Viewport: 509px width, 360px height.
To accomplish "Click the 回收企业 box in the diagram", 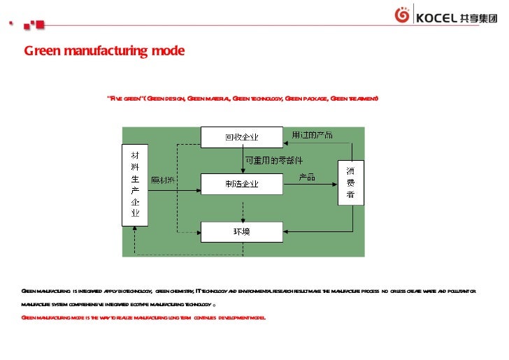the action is [x=242, y=136].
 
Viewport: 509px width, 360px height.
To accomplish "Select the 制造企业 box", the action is [x=242, y=184].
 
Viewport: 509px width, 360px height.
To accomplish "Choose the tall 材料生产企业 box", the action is [x=136, y=185].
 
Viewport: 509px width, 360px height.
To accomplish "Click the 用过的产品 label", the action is [x=312, y=134].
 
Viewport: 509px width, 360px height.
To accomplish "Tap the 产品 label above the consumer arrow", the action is [x=308, y=176].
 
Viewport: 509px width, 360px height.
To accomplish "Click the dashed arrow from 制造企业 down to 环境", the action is [x=242, y=208].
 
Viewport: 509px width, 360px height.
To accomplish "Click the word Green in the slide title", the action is [x=41, y=51].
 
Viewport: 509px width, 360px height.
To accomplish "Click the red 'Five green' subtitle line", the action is [x=242, y=99].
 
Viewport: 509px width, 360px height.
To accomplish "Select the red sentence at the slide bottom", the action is [x=143, y=317].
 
